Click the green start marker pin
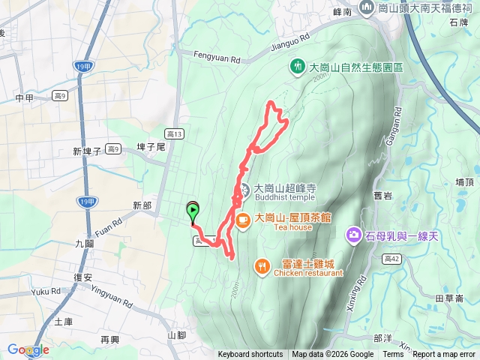[x=193, y=211]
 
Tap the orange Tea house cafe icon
[x=243, y=220]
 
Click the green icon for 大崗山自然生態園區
[x=298, y=67]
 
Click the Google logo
[x=28, y=350]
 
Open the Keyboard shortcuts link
[x=250, y=355]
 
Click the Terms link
[x=393, y=355]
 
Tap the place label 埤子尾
[x=150, y=148]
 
